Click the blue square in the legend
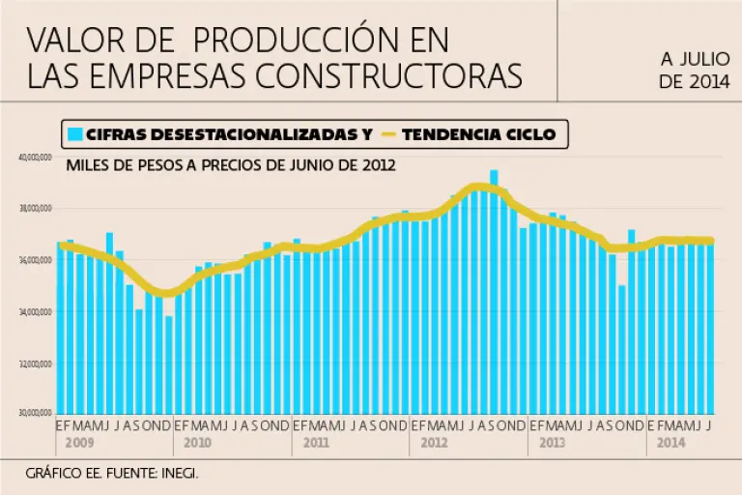74,134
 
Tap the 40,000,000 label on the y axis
35,157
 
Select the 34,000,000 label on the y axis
35,311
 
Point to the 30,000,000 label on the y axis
35,414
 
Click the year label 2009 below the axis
80,443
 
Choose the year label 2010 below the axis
197,443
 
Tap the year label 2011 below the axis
316,443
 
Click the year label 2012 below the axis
434,443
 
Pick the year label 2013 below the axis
552,443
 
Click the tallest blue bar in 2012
494,290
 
